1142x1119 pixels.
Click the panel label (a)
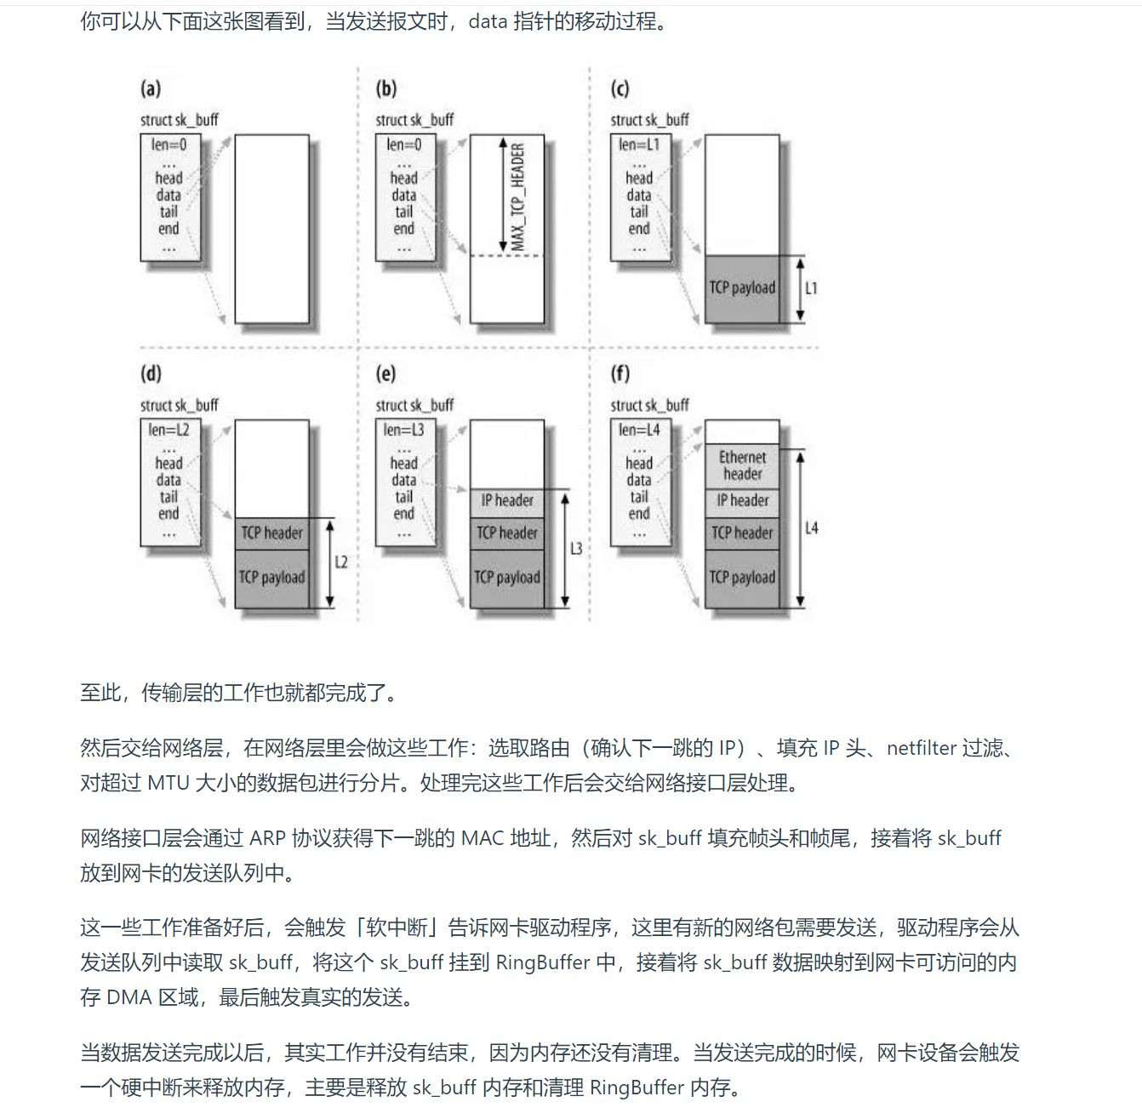(151, 88)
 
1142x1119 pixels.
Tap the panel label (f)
(620, 374)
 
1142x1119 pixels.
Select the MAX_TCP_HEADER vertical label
(517, 196)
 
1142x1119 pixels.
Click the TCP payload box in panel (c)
(742, 288)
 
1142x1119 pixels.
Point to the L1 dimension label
(811, 288)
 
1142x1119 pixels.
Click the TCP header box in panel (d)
(271, 534)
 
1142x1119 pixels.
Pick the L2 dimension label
(341, 562)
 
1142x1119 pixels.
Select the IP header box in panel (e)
(507, 501)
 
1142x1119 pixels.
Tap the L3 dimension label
(576, 549)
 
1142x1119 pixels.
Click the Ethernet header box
(742, 465)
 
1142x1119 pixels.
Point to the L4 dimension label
(811, 528)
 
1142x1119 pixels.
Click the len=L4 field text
(639, 431)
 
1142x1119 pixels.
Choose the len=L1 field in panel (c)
(639, 146)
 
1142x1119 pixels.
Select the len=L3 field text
(403, 431)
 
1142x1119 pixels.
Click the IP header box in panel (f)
(742, 501)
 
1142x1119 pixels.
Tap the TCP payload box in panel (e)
(507, 578)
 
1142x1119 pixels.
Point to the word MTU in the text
(168, 783)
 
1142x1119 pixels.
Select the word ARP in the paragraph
(267, 838)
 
